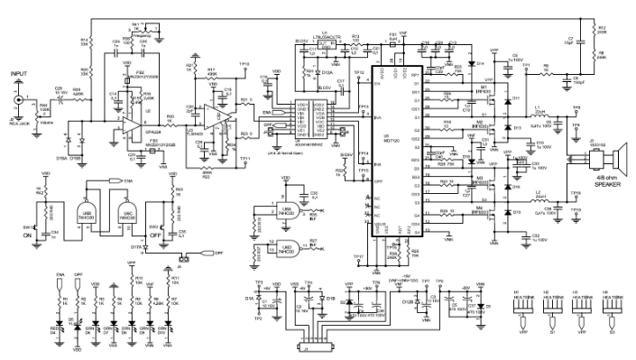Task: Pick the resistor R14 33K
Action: point(91,42)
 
